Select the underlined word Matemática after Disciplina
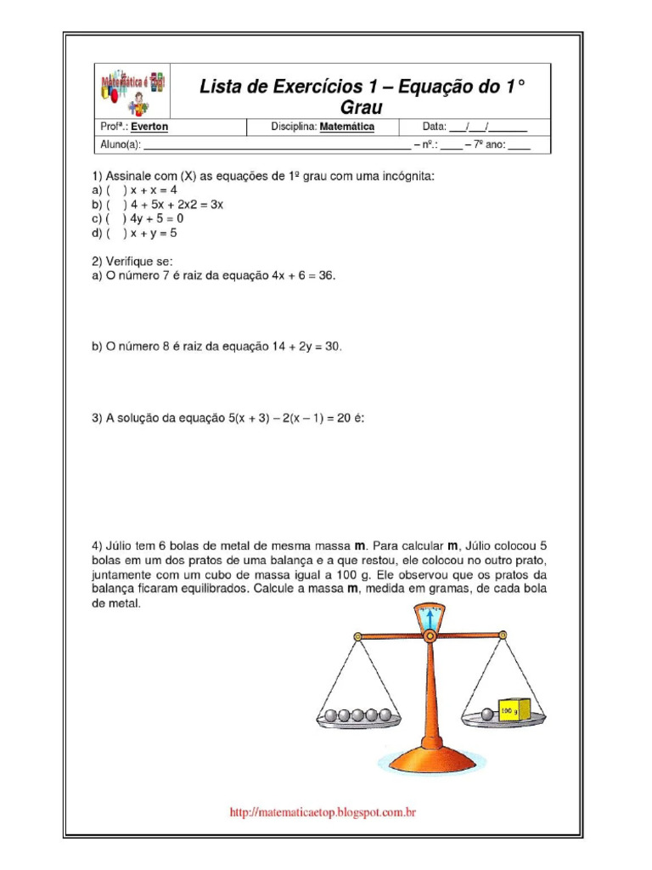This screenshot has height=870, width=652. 346,127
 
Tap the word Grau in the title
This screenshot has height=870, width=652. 362,107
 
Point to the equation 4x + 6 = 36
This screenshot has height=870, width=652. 302,275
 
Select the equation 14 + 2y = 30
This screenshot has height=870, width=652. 309,346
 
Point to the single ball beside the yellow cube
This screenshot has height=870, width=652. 486,715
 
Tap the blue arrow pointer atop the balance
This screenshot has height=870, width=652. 430,614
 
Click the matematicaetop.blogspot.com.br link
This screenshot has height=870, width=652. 323,813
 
